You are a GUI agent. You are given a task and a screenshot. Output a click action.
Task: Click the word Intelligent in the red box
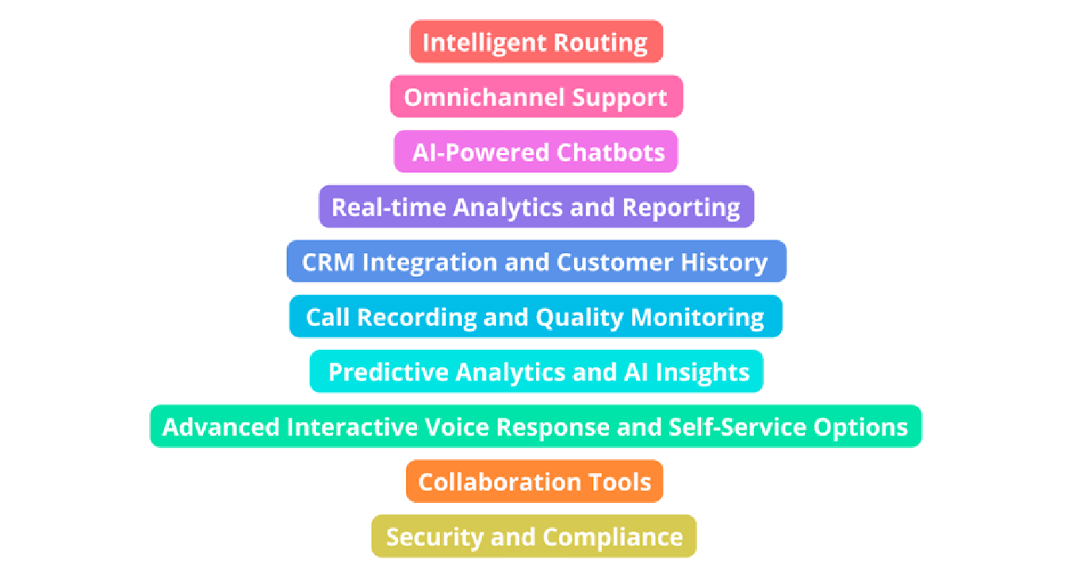click(x=484, y=42)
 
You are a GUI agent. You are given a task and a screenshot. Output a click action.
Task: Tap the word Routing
click(x=600, y=42)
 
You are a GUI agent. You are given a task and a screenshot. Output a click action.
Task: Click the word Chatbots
click(x=610, y=153)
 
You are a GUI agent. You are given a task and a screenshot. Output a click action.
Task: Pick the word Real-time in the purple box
click(x=389, y=208)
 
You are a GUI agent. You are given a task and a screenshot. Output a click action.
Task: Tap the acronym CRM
click(x=328, y=262)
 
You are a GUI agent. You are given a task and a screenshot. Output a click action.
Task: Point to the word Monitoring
click(x=697, y=317)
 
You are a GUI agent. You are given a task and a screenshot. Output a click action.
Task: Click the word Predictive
click(x=388, y=372)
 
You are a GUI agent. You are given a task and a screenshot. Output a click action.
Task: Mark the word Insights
click(x=702, y=372)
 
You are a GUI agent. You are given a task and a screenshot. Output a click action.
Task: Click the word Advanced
click(x=220, y=427)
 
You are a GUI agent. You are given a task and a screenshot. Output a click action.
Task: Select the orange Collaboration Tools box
click(x=535, y=481)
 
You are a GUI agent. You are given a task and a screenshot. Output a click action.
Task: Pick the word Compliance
click(x=612, y=537)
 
